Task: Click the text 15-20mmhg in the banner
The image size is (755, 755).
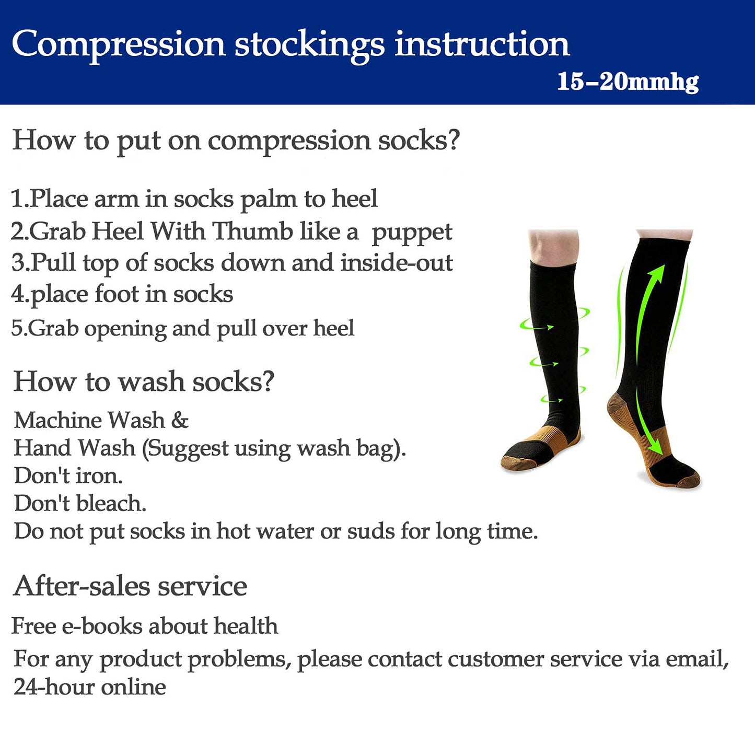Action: click(628, 82)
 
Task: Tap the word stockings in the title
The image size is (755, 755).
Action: click(309, 45)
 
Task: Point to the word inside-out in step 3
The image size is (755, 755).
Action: click(397, 263)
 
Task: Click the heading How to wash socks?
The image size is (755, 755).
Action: click(144, 381)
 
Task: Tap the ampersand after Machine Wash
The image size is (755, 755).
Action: click(180, 420)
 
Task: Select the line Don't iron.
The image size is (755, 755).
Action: click(68, 475)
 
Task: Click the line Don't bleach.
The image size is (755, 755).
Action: click(80, 503)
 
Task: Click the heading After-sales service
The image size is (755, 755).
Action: click(130, 586)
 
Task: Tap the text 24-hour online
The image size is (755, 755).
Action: click(89, 687)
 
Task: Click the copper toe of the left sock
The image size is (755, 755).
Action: click(517, 462)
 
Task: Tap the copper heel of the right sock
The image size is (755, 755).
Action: click(619, 410)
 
